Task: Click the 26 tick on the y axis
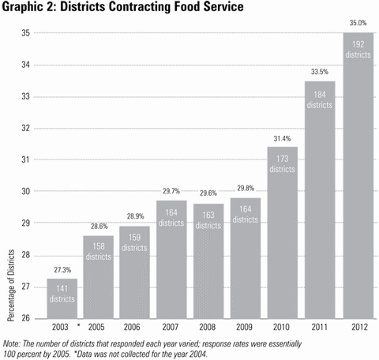25,318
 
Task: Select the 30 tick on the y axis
25,191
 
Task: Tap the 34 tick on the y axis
25,65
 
